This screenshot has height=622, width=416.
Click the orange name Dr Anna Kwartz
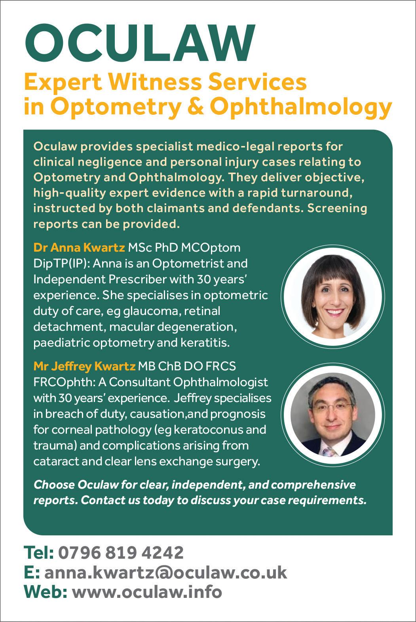79,248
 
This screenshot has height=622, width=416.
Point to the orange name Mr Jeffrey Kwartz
84,366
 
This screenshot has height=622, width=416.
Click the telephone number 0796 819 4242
121,552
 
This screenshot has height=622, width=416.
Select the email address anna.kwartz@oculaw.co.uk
165,572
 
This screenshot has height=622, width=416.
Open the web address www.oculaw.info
146,592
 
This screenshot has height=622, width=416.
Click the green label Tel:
39,552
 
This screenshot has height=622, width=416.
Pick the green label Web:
46,592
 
